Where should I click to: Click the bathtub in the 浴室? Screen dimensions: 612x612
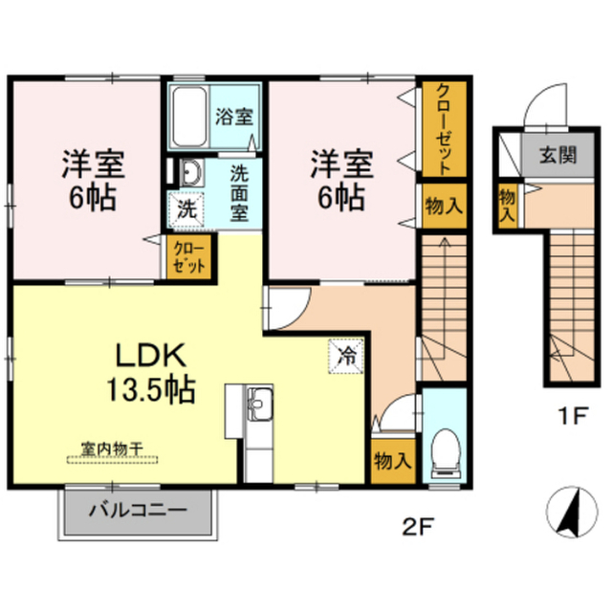point(189,117)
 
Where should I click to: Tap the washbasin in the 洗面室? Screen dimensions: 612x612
point(191,172)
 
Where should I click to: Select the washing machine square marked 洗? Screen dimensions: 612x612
point(186,210)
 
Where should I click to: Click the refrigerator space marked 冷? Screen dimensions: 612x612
point(346,357)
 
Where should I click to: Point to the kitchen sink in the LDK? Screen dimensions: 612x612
point(259,404)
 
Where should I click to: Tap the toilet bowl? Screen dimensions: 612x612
point(446,452)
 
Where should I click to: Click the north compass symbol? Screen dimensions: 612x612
point(572,513)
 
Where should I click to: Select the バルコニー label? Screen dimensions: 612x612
point(138,510)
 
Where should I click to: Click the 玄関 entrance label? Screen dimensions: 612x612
point(558,155)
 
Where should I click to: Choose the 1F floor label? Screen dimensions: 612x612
point(572,415)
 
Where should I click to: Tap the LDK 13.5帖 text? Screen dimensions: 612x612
point(151,373)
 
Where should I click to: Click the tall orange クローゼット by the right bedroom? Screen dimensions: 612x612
point(445,129)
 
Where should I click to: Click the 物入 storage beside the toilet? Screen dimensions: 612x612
point(393,462)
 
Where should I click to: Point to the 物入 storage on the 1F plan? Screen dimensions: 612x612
point(508,206)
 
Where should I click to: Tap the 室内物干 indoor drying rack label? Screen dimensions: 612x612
point(113,448)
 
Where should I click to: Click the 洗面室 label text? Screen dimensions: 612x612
point(239,193)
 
